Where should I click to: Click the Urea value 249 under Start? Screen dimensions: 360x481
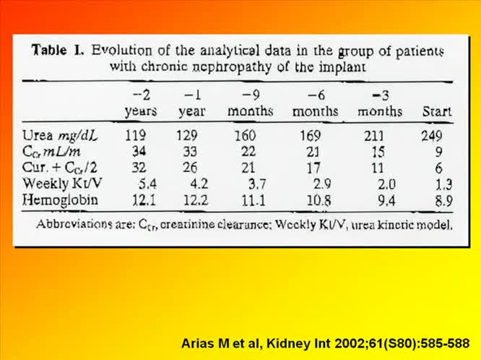point(434,134)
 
